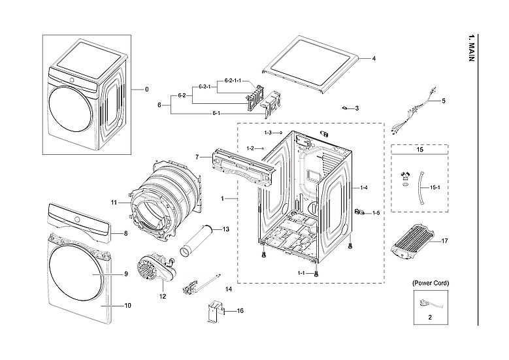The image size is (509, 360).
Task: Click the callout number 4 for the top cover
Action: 373,59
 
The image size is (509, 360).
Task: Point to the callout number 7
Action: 196,157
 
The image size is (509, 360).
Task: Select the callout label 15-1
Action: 435,187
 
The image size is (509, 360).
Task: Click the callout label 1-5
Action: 376,213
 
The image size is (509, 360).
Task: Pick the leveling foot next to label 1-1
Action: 316,274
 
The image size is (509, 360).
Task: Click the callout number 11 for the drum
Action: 114,203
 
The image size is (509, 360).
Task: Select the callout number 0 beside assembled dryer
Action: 146,89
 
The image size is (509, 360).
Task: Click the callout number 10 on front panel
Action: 127,305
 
